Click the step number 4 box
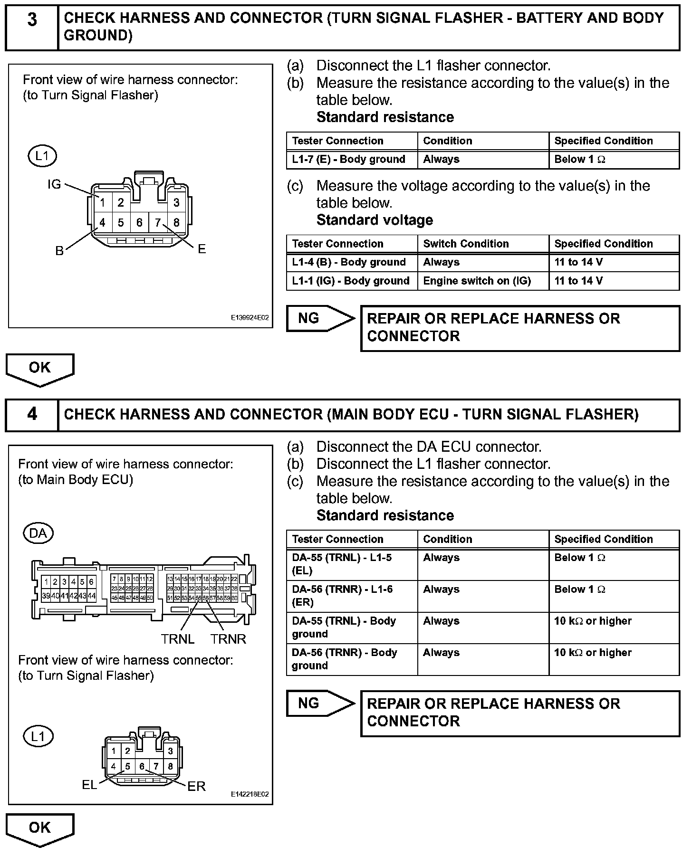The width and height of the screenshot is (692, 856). tap(32, 414)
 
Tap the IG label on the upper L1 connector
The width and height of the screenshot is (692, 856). tap(54, 184)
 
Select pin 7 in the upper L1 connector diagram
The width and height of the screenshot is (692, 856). tap(158, 222)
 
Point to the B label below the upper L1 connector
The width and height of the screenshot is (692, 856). tap(59, 251)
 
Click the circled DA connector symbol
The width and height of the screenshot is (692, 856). tap(38, 533)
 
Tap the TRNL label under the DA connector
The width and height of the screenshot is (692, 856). tap(178, 639)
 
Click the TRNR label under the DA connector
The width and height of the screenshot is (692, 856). tap(229, 639)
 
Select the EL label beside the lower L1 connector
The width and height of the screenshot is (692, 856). tap(89, 784)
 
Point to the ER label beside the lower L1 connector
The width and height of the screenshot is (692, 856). tap(196, 786)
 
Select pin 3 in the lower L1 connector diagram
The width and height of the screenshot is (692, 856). tap(170, 751)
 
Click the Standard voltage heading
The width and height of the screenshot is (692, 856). tap(375, 220)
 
